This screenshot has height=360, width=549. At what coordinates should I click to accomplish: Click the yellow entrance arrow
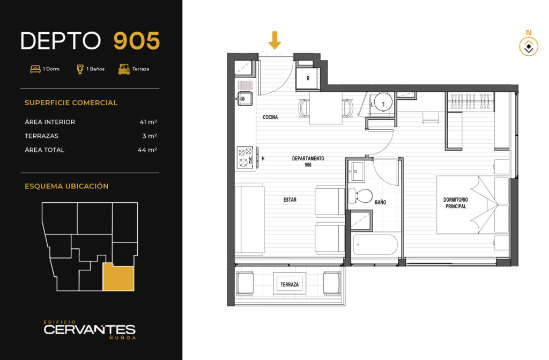[274, 40]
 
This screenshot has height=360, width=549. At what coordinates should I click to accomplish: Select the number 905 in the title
[137, 41]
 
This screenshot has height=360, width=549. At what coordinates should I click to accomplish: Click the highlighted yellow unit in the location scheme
[118, 277]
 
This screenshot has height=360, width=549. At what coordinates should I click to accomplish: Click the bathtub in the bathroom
[375, 245]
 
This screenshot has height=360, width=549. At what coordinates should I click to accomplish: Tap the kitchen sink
[244, 99]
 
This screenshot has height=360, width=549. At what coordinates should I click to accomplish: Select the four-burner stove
[245, 157]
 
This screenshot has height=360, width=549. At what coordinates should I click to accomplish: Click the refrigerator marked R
[308, 78]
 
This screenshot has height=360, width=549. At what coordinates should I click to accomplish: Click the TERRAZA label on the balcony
[290, 284]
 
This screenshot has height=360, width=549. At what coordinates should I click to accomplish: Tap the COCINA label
[270, 117]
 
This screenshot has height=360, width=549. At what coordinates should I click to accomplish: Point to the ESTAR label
[290, 200]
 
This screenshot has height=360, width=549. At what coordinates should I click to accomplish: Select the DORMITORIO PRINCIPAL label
[456, 203]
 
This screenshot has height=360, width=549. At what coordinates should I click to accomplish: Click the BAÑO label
[380, 202]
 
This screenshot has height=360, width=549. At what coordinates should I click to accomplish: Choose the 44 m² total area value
[147, 150]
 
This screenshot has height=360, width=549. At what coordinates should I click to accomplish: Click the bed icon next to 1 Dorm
[35, 69]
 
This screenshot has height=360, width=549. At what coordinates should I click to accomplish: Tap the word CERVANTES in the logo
[90, 329]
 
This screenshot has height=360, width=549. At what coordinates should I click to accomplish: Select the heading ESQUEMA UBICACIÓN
[66, 186]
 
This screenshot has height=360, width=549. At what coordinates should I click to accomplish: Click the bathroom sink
[358, 172]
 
